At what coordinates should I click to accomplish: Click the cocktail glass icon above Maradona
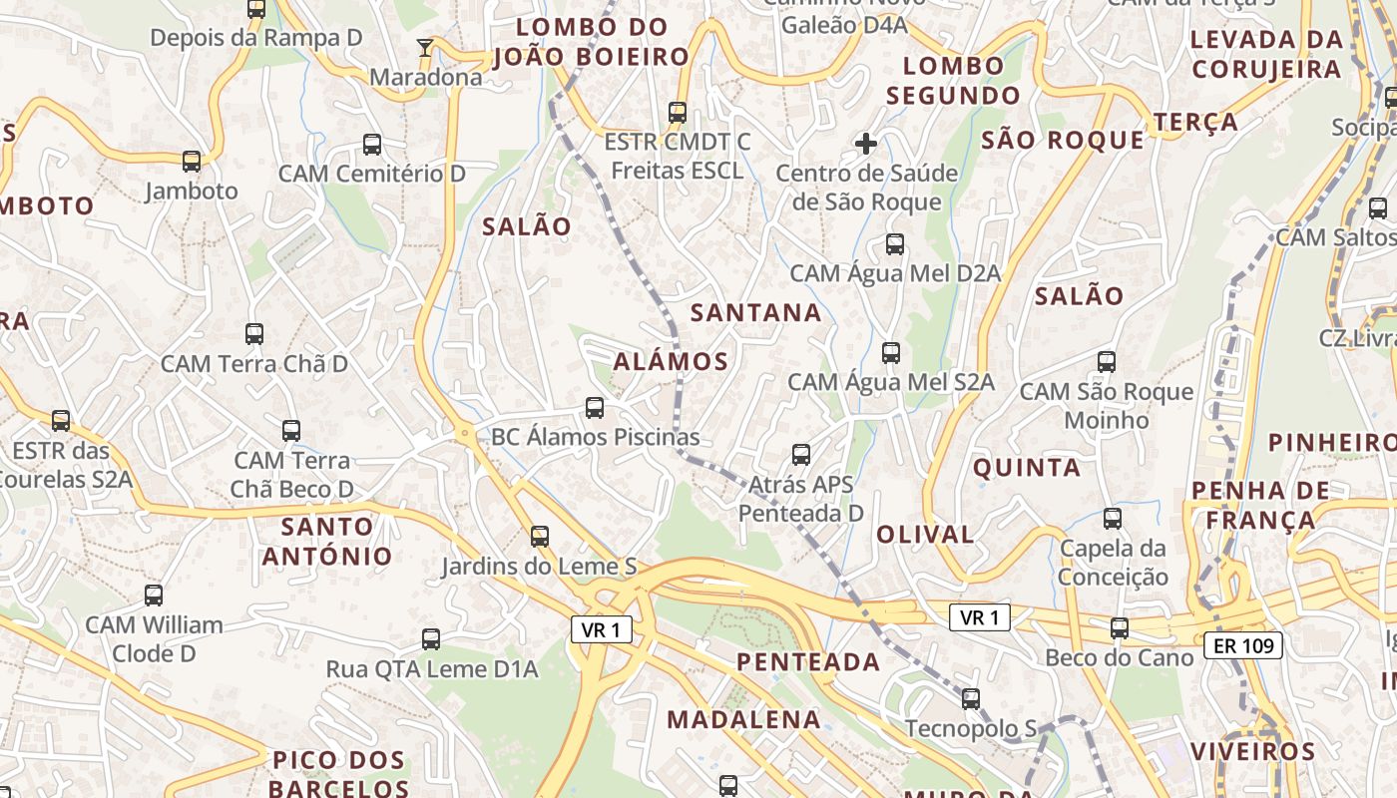point(425,47)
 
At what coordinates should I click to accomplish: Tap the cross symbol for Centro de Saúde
point(865,144)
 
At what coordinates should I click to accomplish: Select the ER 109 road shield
point(1242,645)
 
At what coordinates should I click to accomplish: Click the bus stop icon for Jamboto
point(192,161)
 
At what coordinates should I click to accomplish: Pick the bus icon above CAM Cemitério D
point(372,145)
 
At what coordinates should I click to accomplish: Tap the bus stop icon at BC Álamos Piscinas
point(595,407)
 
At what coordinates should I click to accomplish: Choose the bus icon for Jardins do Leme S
point(540,537)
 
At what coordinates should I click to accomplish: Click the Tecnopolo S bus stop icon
point(971,699)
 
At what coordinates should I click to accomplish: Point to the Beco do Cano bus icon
point(1120,628)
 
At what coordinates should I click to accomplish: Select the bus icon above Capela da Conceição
point(1113,519)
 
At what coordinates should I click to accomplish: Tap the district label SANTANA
point(756,313)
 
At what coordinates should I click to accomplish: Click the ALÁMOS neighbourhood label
point(671,361)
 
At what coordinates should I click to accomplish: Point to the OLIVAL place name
point(925,535)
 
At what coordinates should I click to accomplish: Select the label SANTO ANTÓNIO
point(327,541)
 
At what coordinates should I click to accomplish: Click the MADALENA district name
point(743,719)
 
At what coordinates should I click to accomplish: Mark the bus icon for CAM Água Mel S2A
point(891,353)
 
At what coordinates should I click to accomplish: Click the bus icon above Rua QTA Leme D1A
point(431,639)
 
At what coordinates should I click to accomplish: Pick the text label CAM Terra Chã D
point(254,364)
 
